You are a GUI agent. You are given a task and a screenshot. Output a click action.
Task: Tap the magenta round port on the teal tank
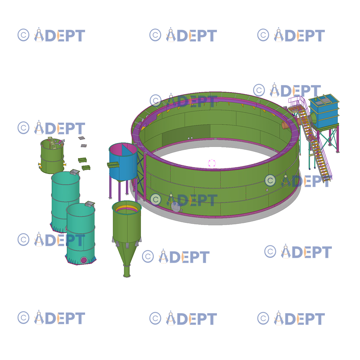[84, 260]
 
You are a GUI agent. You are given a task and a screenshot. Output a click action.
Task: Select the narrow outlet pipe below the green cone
[127, 271]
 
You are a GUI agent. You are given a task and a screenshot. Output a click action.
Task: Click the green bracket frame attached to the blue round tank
[113, 165]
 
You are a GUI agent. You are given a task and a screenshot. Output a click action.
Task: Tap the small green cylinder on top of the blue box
[316, 99]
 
